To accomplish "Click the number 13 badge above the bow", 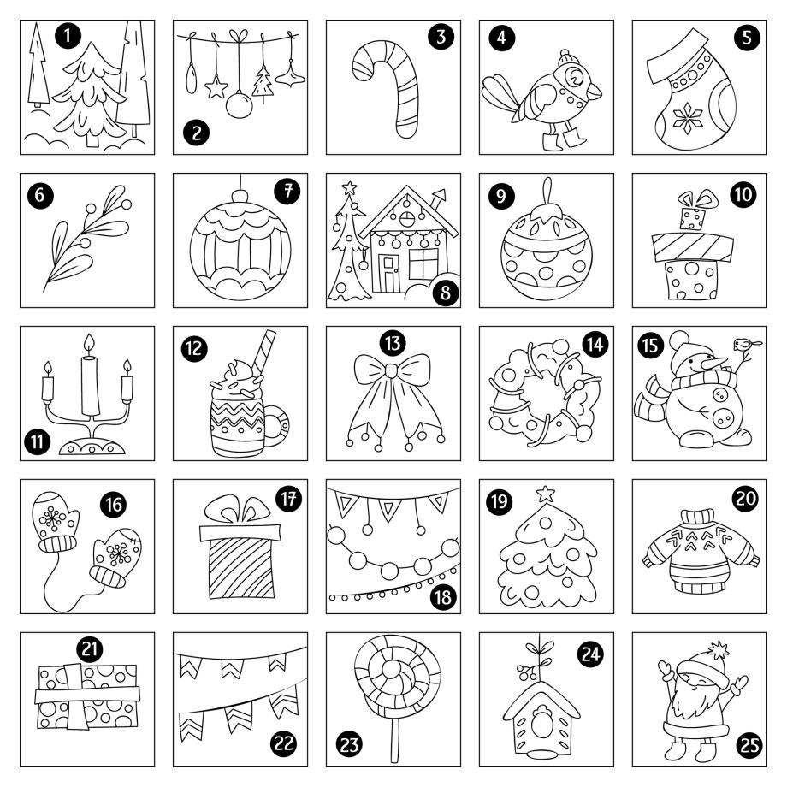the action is point(393,343).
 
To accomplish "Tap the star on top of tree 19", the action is point(546,494).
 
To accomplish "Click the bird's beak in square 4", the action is point(595,91).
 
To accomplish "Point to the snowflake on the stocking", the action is point(687,118).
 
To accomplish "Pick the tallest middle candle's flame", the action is point(89,344).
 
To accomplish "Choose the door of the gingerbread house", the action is point(389,273).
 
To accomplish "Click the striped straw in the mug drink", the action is point(264,352).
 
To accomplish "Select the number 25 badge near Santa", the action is point(749,745).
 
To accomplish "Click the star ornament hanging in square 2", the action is point(216,87).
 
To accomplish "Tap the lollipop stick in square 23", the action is point(395,739).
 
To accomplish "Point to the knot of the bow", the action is point(390,371).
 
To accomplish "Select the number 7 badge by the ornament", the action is point(287,191).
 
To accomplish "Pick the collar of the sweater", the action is point(698,517).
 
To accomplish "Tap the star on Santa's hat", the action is point(719,650).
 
